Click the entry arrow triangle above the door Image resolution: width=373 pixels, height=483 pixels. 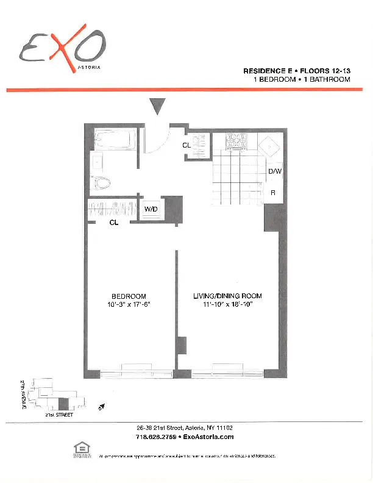click(158, 106)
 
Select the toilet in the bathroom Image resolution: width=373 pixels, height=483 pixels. click(102, 182)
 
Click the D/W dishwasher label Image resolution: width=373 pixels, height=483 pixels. click(275, 171)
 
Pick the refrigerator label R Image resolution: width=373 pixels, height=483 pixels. click(273, 193)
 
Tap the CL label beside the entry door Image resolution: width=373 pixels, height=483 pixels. click(187, 146)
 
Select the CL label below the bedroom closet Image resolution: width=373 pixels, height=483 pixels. click(113, 223)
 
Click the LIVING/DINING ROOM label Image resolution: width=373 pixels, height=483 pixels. click(227, 296)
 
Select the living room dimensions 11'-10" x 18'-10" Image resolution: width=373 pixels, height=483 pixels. click(227, 304)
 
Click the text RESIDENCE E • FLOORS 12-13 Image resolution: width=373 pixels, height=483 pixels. click(296, 71)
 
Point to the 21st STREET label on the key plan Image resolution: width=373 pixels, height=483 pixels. click(59, 415)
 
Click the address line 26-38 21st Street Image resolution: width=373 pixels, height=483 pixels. click(185, 428)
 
